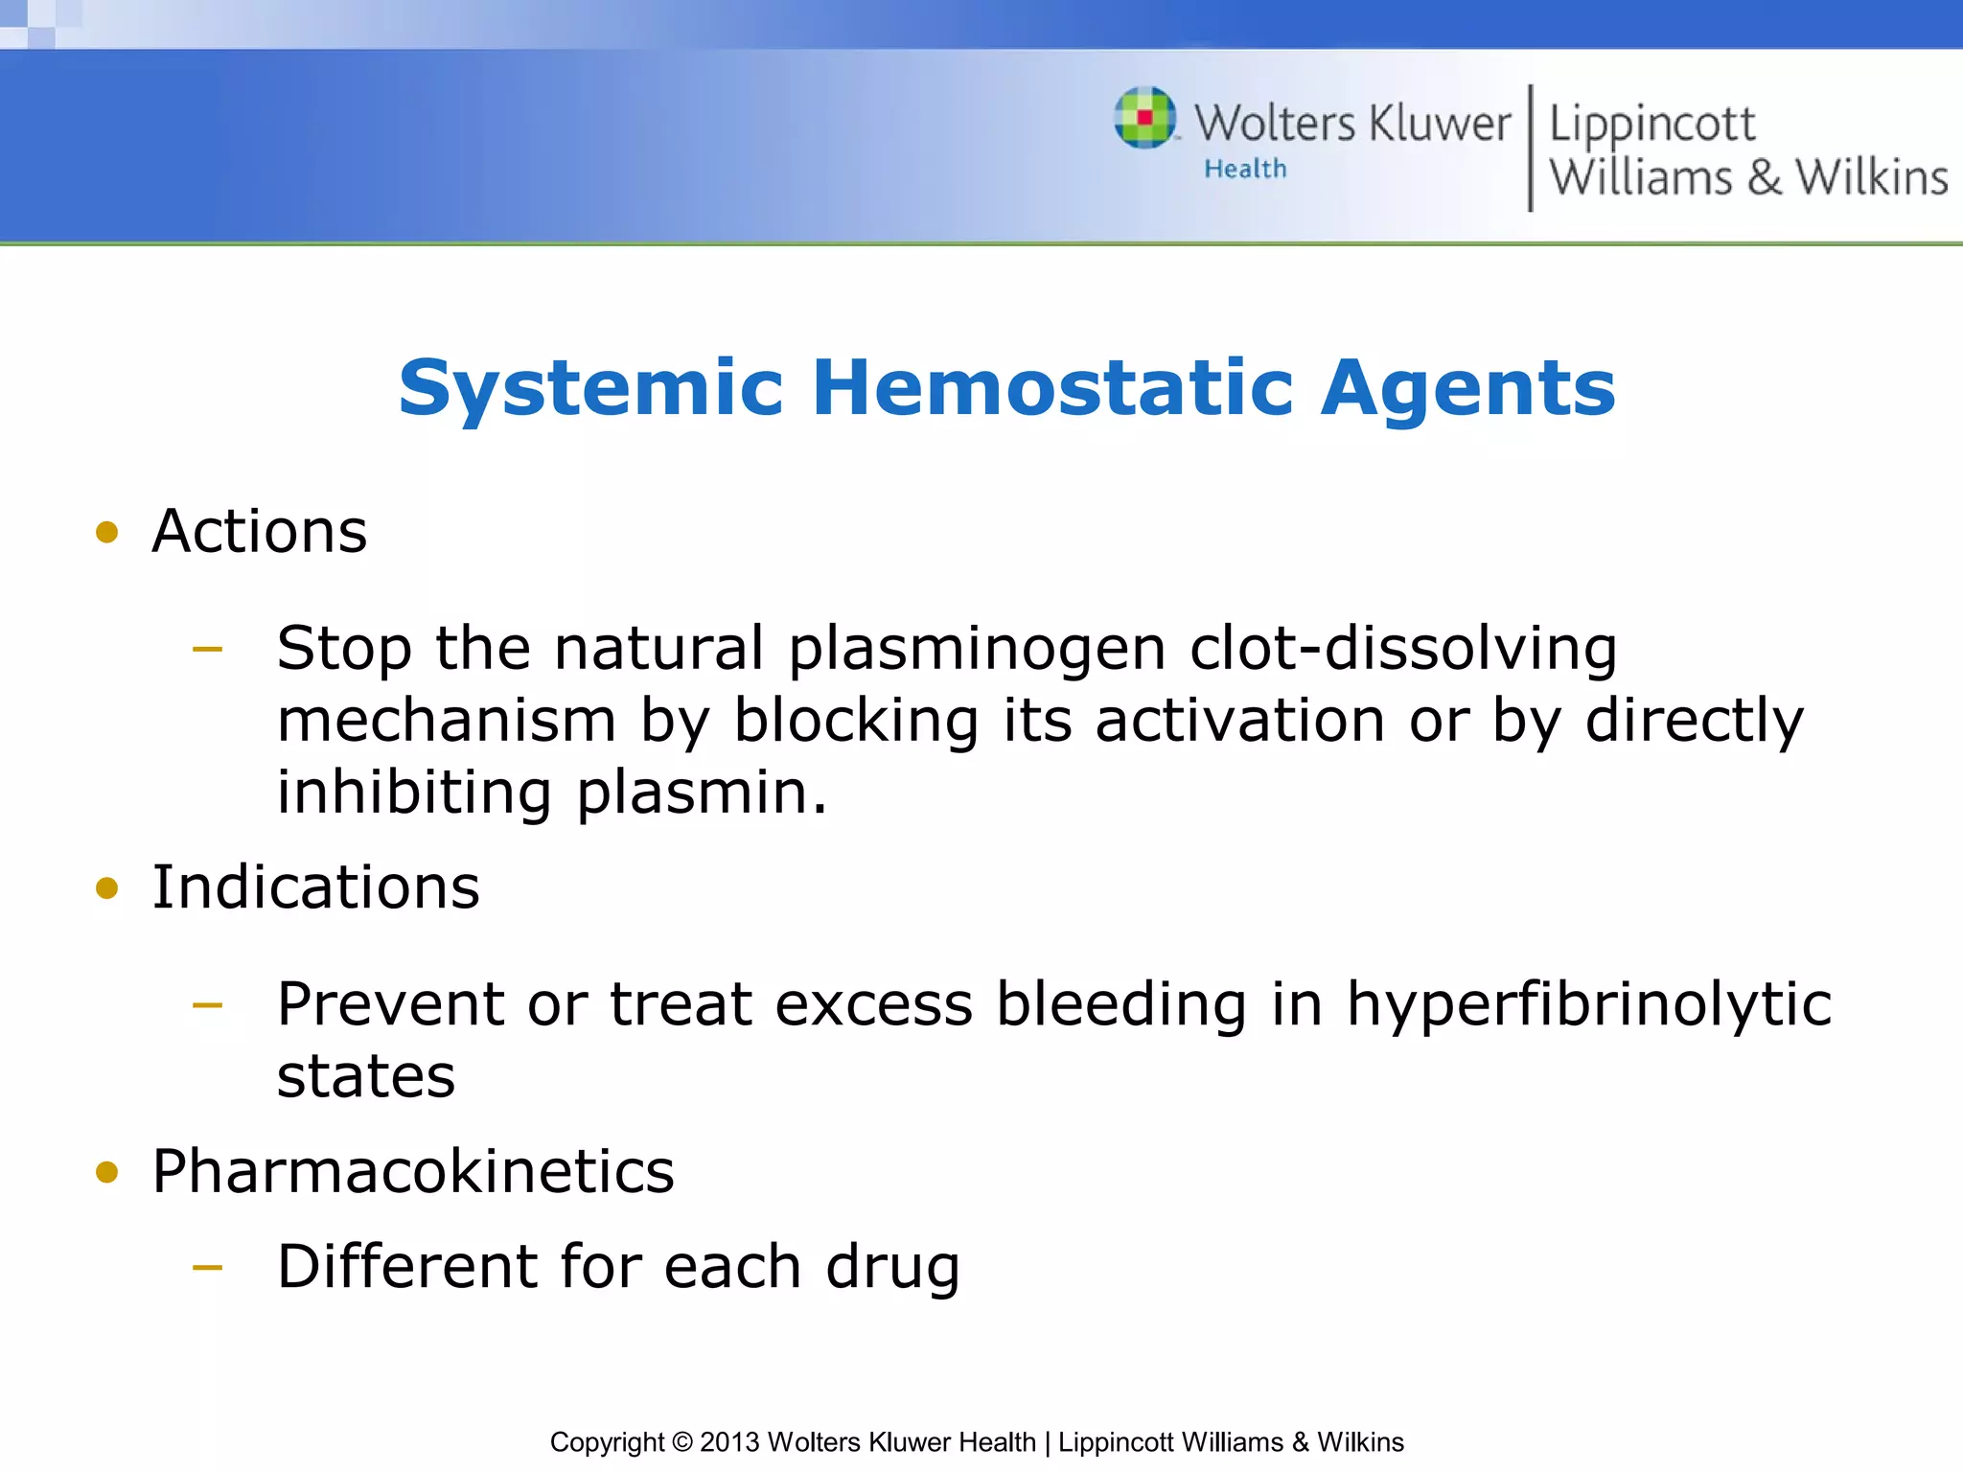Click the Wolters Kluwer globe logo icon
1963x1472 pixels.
(1144, 118)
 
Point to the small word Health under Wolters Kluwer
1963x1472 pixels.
(1245, 170)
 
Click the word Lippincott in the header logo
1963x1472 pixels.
(1651, 125)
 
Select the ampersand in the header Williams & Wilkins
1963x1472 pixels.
(1764, 178)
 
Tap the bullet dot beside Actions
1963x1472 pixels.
(107, 532)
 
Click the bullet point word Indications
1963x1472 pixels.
(315, 887)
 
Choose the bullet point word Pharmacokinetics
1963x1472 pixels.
(413, 1171)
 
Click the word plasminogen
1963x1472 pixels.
(977, 650)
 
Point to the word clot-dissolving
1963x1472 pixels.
(1403, 648)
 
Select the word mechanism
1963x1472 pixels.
(447, 721)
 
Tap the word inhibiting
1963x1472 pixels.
(414, 793)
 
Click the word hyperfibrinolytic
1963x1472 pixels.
(1589, 1004)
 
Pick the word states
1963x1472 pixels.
(366, 1076)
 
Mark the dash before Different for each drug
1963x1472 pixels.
(207, 1267)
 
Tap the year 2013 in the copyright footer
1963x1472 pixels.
(728, 1442)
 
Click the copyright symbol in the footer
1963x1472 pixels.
(681, 1442)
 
